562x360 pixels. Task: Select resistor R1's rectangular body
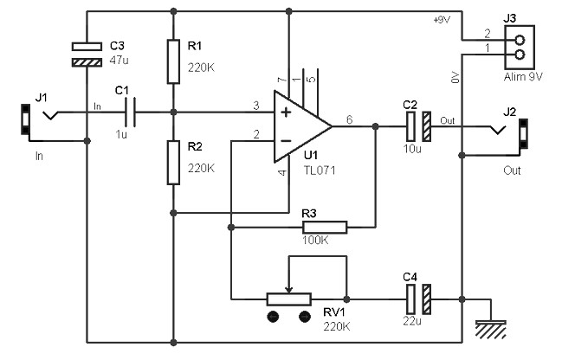(x=173, y=61)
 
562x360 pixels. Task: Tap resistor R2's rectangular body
(x=173, y=163)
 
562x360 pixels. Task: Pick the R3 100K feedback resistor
(x=325, y=227)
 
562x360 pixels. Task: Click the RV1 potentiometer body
(x=289, y=299)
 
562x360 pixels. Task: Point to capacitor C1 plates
(x=130, y=112)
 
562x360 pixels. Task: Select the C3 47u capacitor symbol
(x=87, y=55)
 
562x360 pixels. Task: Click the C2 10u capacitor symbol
(x=418, y=126)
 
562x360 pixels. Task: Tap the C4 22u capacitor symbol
(x=418, y=299)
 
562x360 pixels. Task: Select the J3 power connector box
(x=520, y=47)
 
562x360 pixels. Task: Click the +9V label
(x=442, y=20)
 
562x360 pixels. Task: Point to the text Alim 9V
(x=523, y=77)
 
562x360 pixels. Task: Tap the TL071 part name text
(x=320, y=170)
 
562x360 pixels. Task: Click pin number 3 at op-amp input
(x=256, y=106)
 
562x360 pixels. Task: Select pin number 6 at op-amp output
(x=350, y=119)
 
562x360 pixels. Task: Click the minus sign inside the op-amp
(x=286, y=141)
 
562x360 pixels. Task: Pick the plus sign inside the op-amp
(x=286, y=112)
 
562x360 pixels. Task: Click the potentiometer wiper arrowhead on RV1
(x=289, y=289)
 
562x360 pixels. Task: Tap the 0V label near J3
(x=455, y=77)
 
